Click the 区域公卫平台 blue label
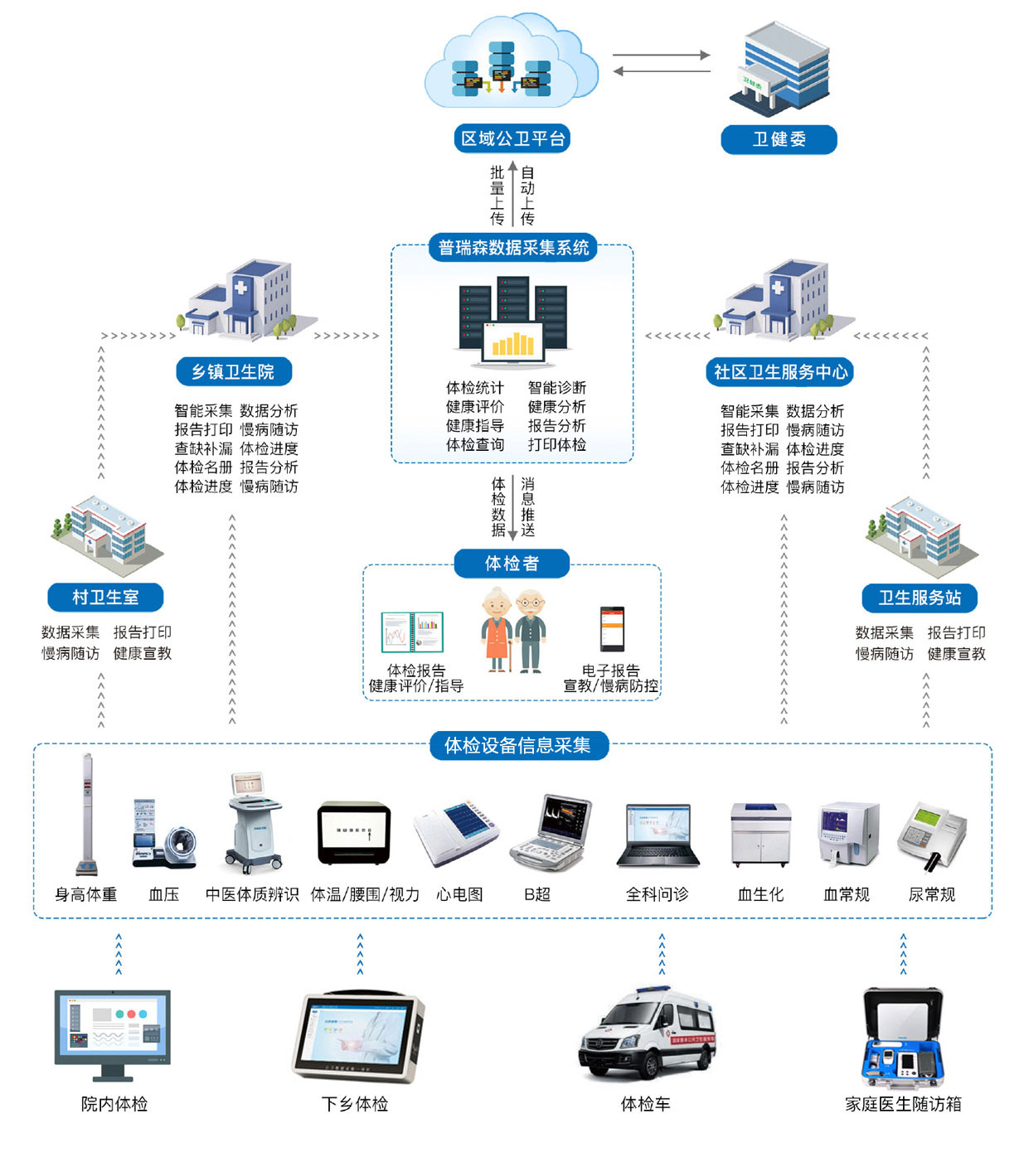coord(512,138)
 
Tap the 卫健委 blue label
coord(779,139)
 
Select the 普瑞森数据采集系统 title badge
coord(513,248)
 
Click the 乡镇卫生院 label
coord(234,371)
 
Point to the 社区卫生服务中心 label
coord(779,372)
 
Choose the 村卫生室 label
coord(105,597)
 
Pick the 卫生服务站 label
coord(920,598)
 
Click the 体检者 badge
coord(512,564)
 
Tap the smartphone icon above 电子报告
coord(612,628)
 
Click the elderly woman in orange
coord(497,629)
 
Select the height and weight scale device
coord(87,813)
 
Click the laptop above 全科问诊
coord(658,835)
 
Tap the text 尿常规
coord(932,894)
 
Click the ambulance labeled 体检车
coord(647,1034)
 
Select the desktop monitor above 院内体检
coord(113,1035)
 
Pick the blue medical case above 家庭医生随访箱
coord(903,1038)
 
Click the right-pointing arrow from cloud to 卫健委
coord(662,55)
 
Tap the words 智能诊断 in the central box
coord(557,388)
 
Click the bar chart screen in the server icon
coord(513,342)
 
